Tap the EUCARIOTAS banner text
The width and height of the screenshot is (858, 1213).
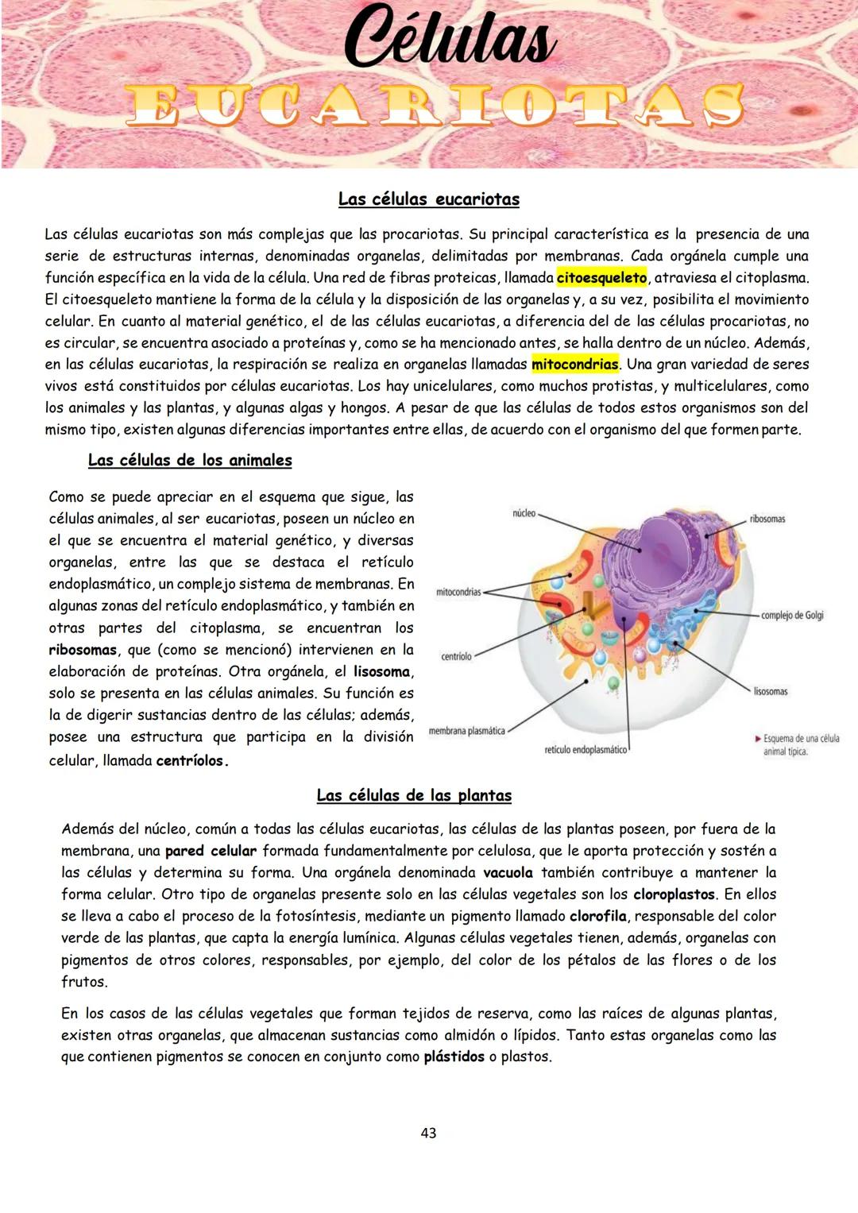[435, 106]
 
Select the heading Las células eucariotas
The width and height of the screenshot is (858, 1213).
[428, 199]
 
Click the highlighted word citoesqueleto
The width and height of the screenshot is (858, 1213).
[601, 278]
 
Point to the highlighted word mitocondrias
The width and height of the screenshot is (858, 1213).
[574, 365]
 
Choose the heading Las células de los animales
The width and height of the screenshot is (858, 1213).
[190, 461]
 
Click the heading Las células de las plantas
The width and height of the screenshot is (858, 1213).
[414, 796]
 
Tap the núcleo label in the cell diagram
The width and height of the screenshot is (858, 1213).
[524, 514]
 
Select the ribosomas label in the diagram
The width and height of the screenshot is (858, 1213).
[767, 520]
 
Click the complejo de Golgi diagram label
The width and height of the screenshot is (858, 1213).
[792, 616]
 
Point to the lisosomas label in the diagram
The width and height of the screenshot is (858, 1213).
[770, 692]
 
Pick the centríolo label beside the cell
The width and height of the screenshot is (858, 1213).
[456, 657]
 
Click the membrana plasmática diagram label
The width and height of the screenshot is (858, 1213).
[466, 732]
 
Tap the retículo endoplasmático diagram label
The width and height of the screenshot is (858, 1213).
[586, 751]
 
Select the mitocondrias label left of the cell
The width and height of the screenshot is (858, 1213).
[458, 593]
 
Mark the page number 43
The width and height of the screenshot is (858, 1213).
[428, 1134]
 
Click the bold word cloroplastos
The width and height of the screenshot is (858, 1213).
[674, 894]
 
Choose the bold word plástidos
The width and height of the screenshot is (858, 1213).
[454, 1057]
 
